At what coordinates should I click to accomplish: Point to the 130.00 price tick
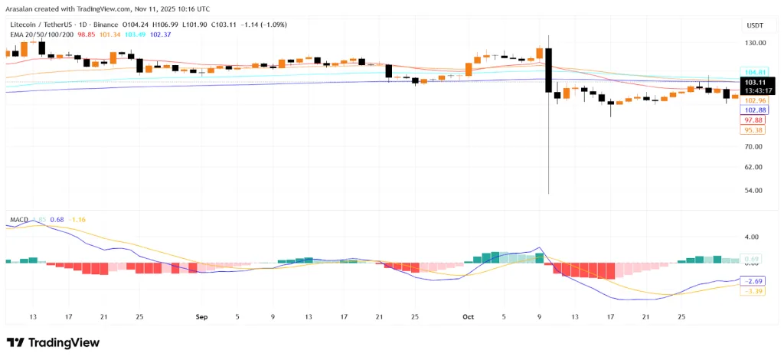pos(756,43)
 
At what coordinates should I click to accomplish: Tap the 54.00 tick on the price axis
pos(754,190)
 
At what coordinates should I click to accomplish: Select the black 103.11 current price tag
pos(756,81)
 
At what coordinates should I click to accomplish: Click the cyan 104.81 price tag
pos(756,72)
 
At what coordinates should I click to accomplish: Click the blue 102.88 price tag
pos(756,110)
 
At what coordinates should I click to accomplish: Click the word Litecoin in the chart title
pos(24,25)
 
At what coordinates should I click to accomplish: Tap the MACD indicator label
pos(19,220)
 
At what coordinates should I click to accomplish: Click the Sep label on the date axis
pos(201,316)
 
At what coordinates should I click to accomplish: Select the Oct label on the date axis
pos(469,316)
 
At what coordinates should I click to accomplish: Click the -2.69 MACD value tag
pos(754,281)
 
